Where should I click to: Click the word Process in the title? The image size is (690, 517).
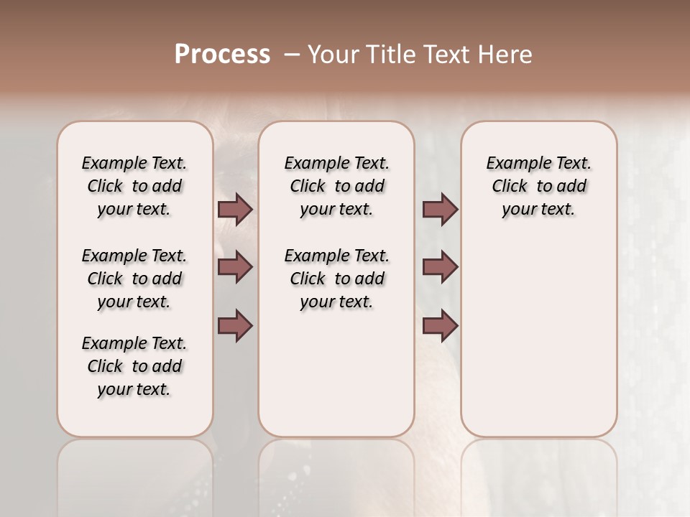pyautogui.click(x=222, y=55)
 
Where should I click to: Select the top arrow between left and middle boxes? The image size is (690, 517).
pyautogui.click(x=235, y=210)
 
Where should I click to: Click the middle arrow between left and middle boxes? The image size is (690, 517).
pyautogui.click(x=235, y=267)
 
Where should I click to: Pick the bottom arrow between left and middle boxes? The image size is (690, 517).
pyautogui.click(x=235, y=326)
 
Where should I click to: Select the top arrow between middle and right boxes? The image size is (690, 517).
pyautogui.click(x=440, y=210)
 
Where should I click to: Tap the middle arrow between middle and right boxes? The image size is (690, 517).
pyautogui.click(x=440, y=267)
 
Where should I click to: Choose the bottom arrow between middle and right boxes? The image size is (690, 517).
pyautogui.click(x=440, y=326)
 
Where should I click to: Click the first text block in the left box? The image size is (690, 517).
pyautogui.click(x=134, y=186)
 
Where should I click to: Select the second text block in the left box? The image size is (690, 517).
pyautogui.click(x=134, y=279)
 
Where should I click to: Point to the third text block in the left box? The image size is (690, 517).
pyautogui.click(x=134, y=366)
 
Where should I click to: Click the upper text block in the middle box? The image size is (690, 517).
pyautogui.click(x=336, y=186)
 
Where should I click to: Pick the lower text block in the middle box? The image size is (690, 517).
pyautogui.click(x=336, y=279)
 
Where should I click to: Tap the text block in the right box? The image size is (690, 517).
pyautogui.click(x=538, y=186)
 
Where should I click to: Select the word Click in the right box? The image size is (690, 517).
pyautogui.click(x=510, y=187)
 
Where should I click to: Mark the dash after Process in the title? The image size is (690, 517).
pyautogui.click(x=292, y=55)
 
